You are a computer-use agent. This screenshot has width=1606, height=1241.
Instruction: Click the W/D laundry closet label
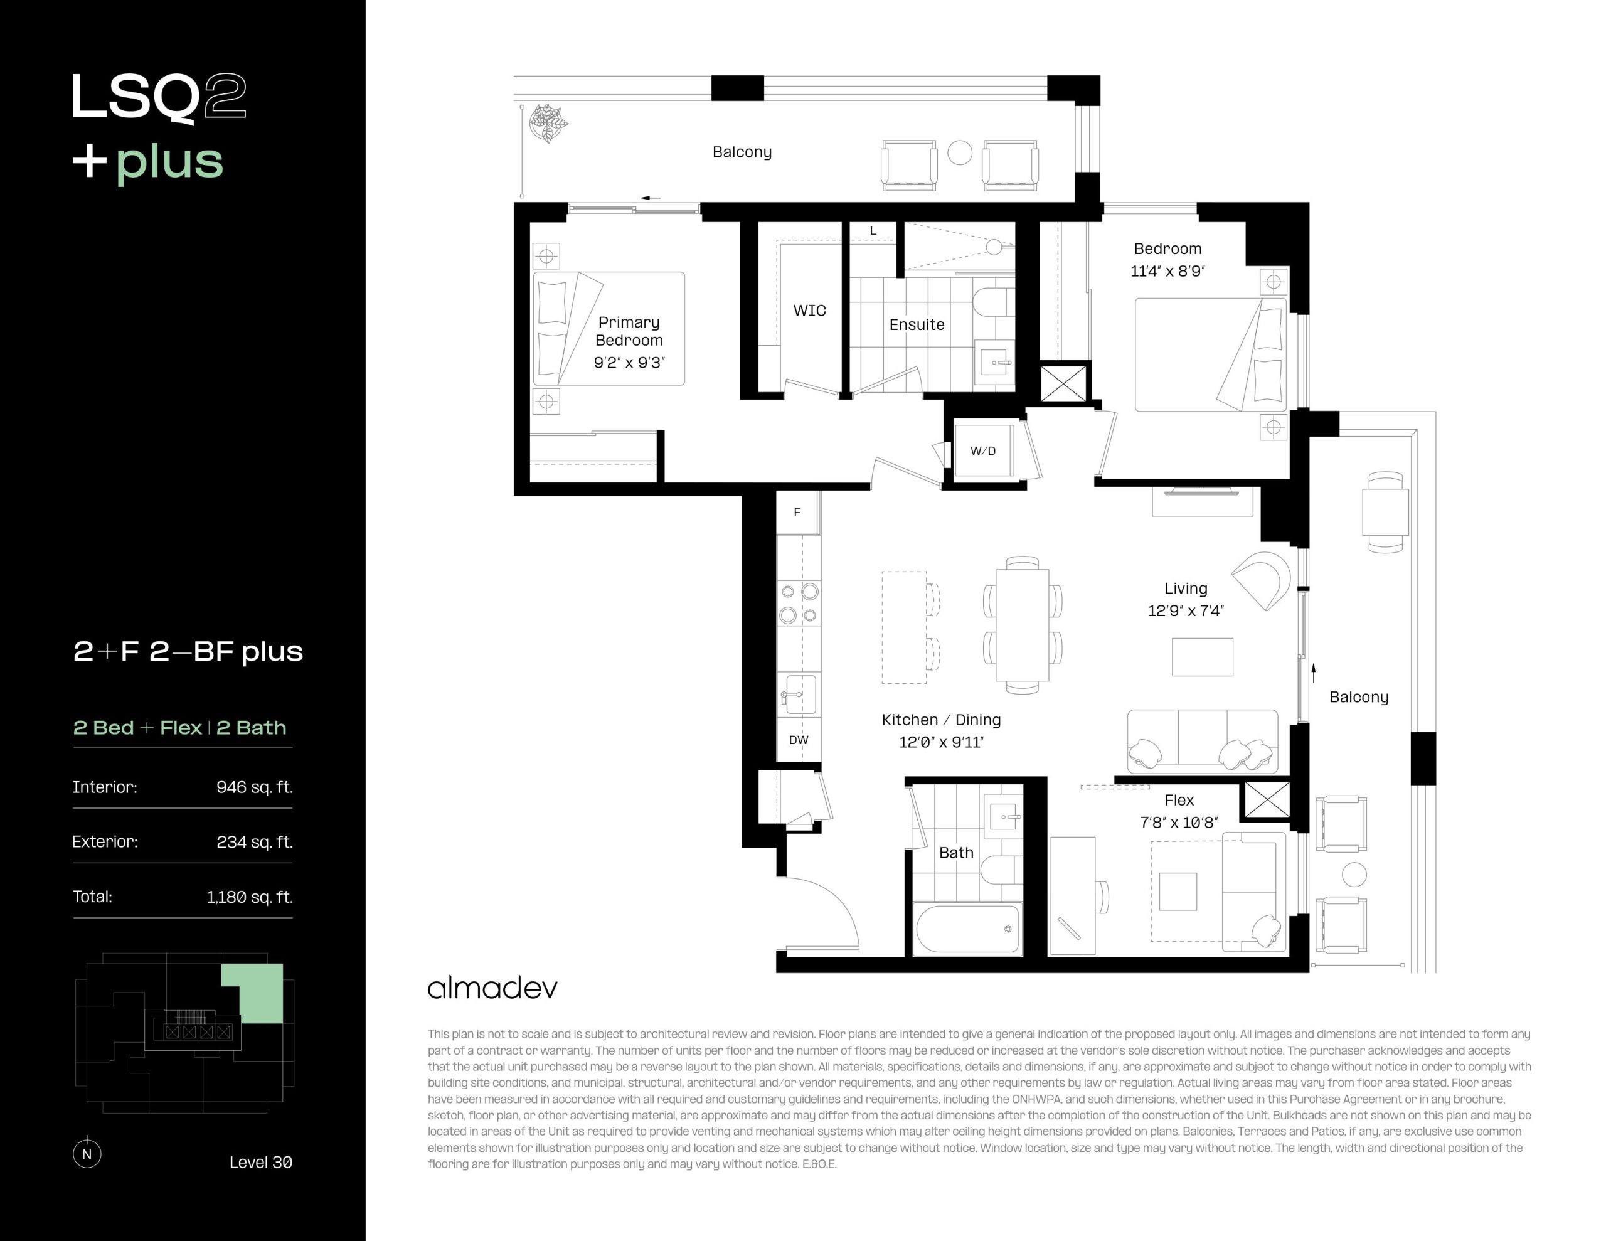click(x=982, y=451)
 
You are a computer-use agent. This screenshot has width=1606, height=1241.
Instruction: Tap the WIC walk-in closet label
click(x=810, y=311)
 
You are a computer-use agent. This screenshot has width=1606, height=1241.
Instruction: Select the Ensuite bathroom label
click(x=917, y=324)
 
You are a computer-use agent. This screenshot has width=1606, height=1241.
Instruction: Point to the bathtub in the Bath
click(x=967, y=929)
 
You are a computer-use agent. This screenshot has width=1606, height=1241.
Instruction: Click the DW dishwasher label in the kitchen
click(x=799, y=740)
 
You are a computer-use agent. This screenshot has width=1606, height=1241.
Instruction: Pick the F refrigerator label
click(x=797, y=512)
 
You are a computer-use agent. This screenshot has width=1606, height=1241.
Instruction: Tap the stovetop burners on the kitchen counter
click(x=799, y=603)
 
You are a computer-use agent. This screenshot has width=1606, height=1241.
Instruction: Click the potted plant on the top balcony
click(x=548, y=123)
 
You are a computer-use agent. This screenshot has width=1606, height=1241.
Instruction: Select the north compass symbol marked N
click(x=87, y=1153)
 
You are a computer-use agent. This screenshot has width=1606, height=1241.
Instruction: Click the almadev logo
click(x=492, y=988)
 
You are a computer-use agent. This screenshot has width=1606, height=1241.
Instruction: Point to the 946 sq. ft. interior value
click(x=255, y=787)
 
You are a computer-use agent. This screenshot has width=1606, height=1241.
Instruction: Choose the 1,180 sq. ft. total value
click(x=249, y=897)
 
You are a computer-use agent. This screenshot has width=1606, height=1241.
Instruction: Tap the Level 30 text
click(x=260, y=1163)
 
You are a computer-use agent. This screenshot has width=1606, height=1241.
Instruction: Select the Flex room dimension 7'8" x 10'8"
click(x=1179, y=823)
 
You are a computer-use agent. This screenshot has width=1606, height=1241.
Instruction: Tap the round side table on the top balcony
click(x=960, y=153)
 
